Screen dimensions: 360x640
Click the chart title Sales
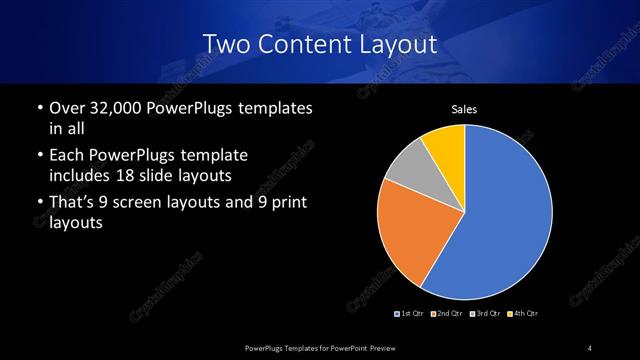(x=464, y=109)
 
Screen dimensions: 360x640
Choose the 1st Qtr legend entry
(x=409, y=314)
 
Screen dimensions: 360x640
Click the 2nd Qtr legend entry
(x=447, y=314)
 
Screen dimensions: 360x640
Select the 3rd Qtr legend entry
(x=485, y=314)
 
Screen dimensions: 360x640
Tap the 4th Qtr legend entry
(x=523, y=314)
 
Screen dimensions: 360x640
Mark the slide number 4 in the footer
(x=590, y=347)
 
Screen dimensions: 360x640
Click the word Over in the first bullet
(x=67, y=108)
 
